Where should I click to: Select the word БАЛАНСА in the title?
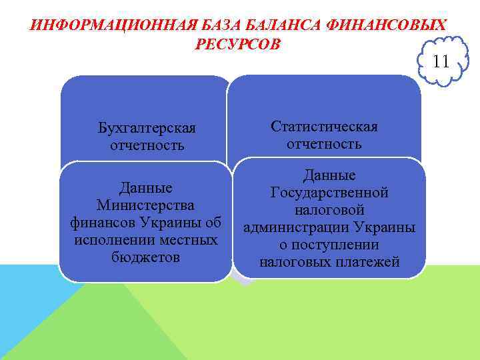[x=280, y=26]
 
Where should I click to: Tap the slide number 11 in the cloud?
[x=441, y=62]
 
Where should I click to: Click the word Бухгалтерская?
[x=146, y=127]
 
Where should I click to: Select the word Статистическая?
[x=324, y=127]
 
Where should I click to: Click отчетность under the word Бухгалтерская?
[x=146, y=145]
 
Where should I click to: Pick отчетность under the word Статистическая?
[x=324, y=144]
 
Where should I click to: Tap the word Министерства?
[x=145, y=205]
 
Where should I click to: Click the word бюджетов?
[x=145, y=257]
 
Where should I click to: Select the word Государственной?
[x=329, y=193]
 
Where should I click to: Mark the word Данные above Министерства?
[x=145, y=187]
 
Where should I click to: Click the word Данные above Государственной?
[x=329, y=175]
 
